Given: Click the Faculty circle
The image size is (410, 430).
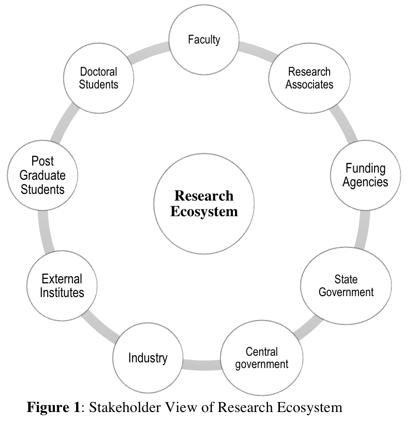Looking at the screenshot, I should coord(204,40).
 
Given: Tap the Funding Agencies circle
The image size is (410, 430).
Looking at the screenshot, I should coord(365,175).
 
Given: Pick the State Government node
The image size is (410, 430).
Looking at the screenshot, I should coord(346,286).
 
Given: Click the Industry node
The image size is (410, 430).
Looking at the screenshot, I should coord(148,358).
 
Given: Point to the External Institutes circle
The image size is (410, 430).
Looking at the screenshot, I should coord(62,286).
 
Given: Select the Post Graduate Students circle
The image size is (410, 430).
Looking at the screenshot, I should coord(43,176).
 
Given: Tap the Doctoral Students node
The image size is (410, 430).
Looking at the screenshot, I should coord(98,79).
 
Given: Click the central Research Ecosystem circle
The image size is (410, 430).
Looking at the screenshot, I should coord(204,204).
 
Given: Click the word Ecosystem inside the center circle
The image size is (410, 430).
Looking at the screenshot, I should coord(204,211).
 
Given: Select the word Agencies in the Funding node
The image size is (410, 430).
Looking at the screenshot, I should coord(365,182).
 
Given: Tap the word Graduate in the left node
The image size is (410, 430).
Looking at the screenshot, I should coord(43,176).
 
